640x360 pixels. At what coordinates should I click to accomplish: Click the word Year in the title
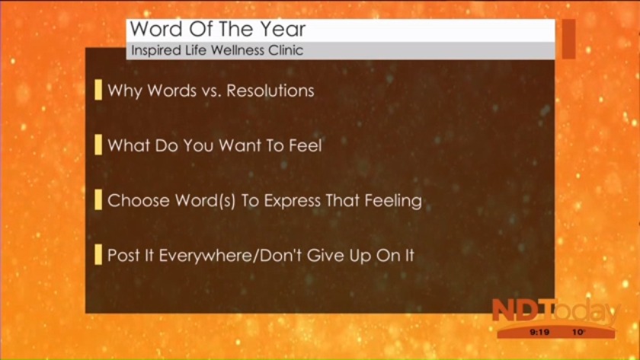pyautogui.click(x=283, y=29)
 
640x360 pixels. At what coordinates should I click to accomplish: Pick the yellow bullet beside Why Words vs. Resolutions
pyautogui.click(x=98, y=90)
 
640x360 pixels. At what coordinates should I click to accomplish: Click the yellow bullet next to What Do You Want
pyautogui.click(x=98, y=145)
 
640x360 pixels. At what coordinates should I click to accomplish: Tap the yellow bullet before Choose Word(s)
pyautogui.click(x=98, y=199)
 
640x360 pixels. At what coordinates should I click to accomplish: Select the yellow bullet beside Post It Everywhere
pyautogui.click(x=98, y=254)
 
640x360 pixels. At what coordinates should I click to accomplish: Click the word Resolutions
pyautogui.click(x=270, y=91)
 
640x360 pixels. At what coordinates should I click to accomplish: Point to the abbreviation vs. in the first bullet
pyautogui.click(x=212, y=91)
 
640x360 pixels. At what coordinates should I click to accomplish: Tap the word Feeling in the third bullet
pyautogui.click(x=393, y=201)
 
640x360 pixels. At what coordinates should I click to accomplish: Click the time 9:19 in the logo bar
pyautogui.click(x=539, y=333)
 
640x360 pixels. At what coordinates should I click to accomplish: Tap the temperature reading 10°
pyautogui.click(x=579, y=333)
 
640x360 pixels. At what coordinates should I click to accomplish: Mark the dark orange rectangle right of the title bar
pyautogui.click(x=568, y=39)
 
